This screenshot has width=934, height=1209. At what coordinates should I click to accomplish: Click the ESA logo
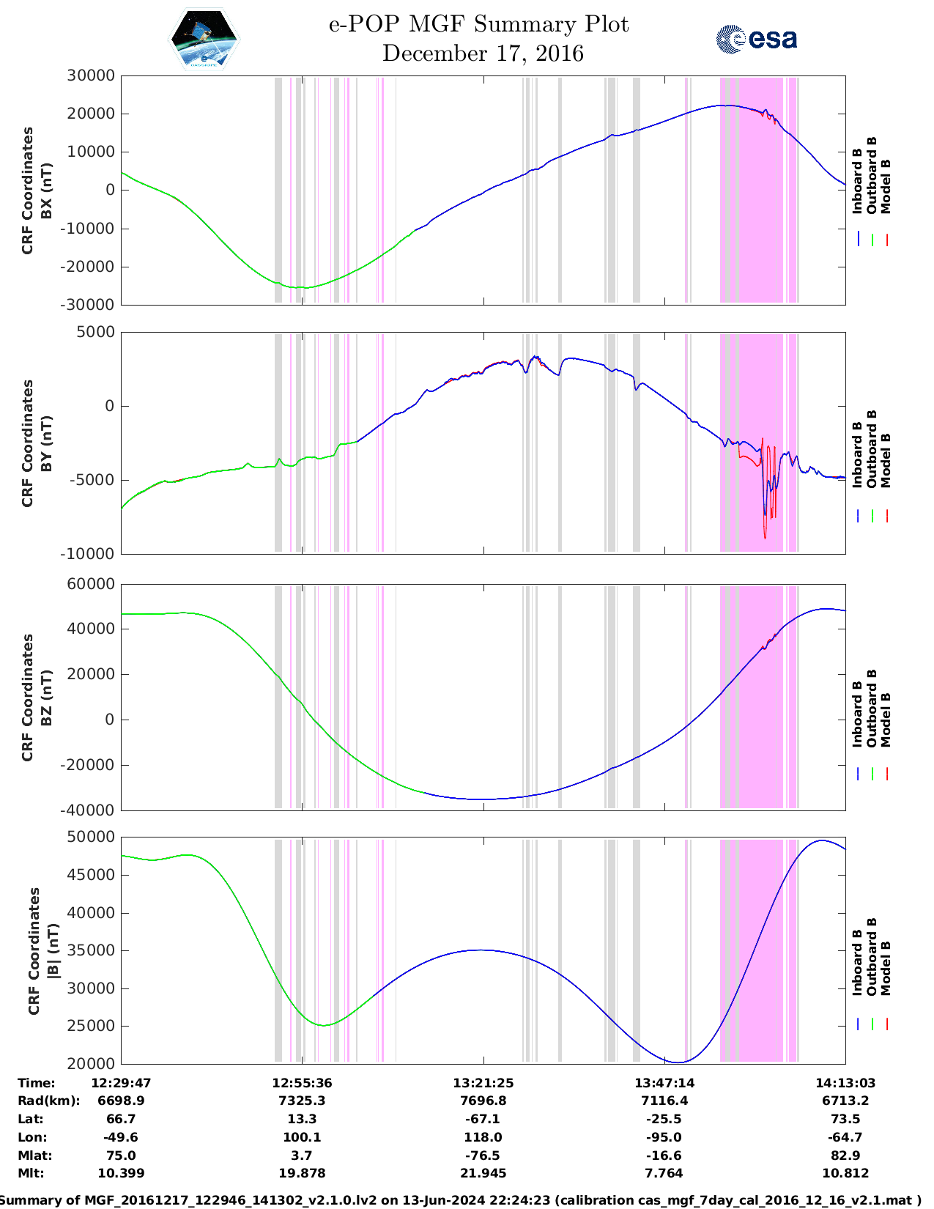click(x=756, y=39)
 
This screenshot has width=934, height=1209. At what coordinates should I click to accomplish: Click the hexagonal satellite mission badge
click(x=204, y=39)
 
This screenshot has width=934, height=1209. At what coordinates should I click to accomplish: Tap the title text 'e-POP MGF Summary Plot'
click(x=478, y=24)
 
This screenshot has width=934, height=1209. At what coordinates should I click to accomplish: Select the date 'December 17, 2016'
click(x=483, y=53)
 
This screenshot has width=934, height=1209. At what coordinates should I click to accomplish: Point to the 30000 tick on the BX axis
click(x=91, y=75)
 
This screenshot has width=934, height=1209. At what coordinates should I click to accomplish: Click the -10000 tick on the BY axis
click(x=91, y=554)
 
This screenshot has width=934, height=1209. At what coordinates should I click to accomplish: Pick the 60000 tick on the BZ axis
click(x=91, y=584)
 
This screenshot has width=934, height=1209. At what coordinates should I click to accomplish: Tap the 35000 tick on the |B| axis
click(x=91, y=950)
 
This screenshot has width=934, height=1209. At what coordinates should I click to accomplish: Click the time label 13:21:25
click(x=483, y=1083)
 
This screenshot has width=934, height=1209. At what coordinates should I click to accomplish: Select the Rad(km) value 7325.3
click(x=302, y=1101)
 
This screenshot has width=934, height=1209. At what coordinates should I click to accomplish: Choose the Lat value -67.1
click(x=483, y=1119)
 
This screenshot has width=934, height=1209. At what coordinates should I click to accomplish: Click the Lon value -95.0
click(x=664, y=1137)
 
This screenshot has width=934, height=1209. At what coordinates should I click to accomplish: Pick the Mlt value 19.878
click(x=302, y=1173)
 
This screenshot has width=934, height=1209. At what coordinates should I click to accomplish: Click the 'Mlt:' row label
click(x=31, y=1173)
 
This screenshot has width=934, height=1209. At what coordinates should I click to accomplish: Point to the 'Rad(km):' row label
click(x=48, y=1101)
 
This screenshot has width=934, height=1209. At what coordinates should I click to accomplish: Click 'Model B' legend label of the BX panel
click(x=886, y=186)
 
